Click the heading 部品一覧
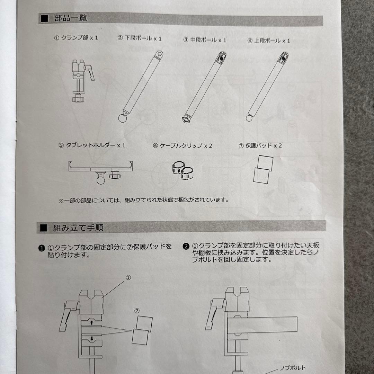(x=71, y=18)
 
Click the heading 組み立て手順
(x=78, y=228)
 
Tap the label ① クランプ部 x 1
(x=76, y=38)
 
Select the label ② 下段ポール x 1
(x=140, y=38)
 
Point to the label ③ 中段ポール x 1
(x=205, y=40)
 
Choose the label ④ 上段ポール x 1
(x=269, y=41)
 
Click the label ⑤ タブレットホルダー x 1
(x=92, y=145)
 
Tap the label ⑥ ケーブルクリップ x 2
(x=182, y=145)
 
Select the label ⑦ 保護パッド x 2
(x=260, y=145)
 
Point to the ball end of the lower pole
(x=123, y=118)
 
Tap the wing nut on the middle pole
(x=186, y=119)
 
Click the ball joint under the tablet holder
(x=101, y=180)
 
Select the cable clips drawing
(x=183, y=170)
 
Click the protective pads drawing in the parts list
(x=263, y=169)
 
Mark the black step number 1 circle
(x=42, y=248)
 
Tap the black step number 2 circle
(x=186, y=246)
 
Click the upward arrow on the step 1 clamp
(x=91, y=323)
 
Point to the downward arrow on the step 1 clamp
(x=92, y=338)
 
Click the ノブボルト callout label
(x=293, y=368)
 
